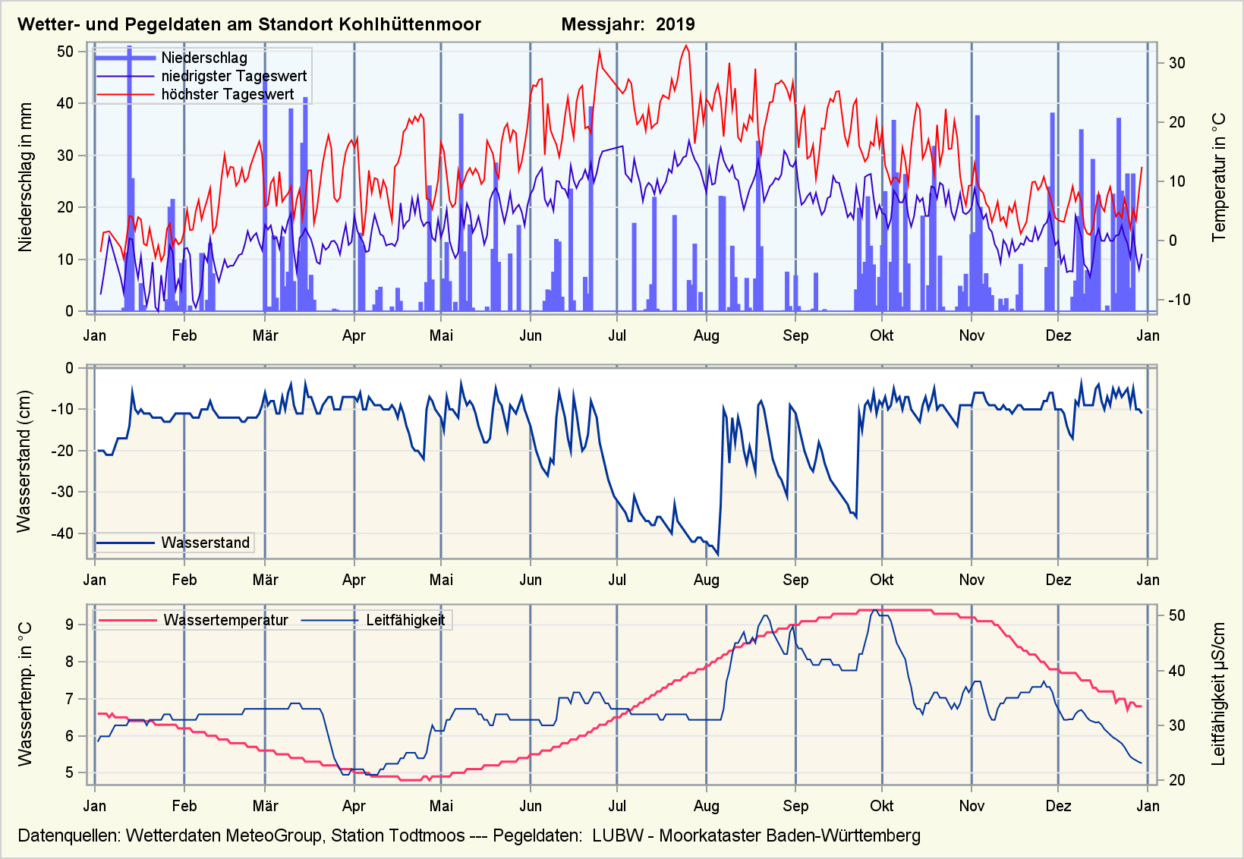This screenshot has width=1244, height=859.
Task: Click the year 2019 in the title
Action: point(675,24)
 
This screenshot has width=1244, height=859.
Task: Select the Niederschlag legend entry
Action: point(203,58)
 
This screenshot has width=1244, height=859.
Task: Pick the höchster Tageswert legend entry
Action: point(227,94)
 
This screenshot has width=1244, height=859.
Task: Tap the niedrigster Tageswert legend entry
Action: point(234,76)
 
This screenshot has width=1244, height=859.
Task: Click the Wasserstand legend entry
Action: point(205,543)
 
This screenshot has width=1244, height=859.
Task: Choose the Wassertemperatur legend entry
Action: point(225,620)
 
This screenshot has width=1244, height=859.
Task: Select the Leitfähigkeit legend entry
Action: point(405,620)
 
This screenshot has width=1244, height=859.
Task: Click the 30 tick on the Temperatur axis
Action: point(1176,63)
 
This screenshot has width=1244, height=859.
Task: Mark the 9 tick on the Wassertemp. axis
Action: point(69,625)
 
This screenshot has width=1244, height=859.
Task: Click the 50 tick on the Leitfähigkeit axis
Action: point(1176,615)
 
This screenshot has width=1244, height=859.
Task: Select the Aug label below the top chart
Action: point(706,335)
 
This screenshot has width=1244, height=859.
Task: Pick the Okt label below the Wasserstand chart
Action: point(881,580)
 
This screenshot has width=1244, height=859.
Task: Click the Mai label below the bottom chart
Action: point(441,806)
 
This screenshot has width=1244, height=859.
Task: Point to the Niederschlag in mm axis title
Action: point(26,178)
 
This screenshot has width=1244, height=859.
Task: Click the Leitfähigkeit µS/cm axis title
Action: point(1219,694)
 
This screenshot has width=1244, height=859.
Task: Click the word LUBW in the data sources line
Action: point(617,835)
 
